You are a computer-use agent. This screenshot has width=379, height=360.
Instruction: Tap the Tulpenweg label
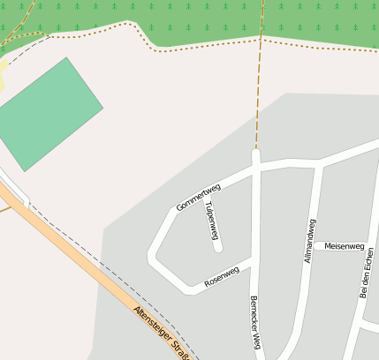(x=211, y=221)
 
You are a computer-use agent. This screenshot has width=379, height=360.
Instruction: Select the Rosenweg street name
(x=222, y=277)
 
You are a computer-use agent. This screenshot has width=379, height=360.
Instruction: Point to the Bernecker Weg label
(x=255, y=322)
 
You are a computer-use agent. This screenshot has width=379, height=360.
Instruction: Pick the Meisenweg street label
(x=345, y=245)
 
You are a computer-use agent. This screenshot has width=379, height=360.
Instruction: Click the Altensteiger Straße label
(x=163, y=334)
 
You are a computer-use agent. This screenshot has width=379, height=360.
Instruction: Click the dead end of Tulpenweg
(x=218, y=250)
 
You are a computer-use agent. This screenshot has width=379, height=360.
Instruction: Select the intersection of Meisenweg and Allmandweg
(x=310, y=244)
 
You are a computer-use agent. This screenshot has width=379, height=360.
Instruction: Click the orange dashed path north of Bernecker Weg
(x=258, y=97)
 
